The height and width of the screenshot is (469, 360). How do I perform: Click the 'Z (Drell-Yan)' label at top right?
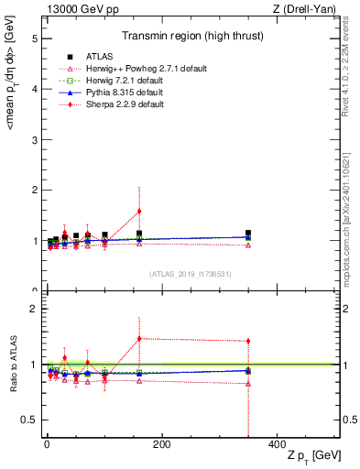[308, 9]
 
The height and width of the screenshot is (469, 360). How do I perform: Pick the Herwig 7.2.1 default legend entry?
[119, 81]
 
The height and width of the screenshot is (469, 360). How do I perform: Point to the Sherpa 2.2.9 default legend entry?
[119, 104]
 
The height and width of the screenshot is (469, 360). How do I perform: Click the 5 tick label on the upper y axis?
[34, 39]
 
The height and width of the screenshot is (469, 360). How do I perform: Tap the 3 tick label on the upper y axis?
[34, 140]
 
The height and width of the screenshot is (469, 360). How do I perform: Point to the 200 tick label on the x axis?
[161, 444]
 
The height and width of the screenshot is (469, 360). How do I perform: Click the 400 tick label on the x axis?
[277, 444]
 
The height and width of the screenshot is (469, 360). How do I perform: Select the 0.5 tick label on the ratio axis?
[30, 420]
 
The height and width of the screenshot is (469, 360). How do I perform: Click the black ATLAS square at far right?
[248, 234]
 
